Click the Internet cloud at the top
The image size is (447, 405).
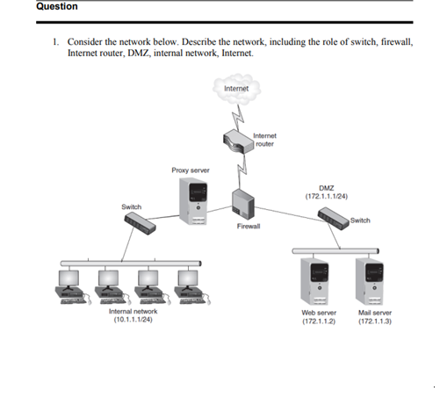click(235, 89)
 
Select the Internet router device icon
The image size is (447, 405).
click(235, 141)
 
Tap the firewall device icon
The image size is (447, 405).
click(242, 204)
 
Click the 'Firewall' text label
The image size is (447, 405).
click(249, 227)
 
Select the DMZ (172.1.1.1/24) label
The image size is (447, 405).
click(327, 192)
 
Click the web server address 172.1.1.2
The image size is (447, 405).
click(318, 322)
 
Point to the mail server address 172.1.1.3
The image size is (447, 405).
click(375, 322)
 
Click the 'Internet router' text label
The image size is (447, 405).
click(264, 140)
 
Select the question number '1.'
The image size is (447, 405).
click(55, 41)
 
